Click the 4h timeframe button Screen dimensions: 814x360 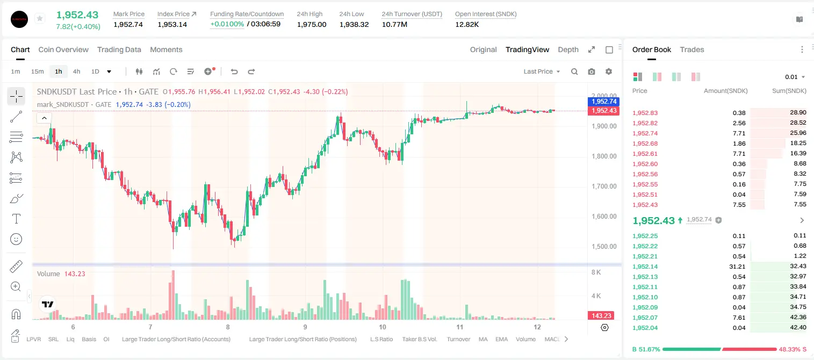(76, 71)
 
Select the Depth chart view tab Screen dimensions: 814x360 (568, 50)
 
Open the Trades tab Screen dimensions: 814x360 (692, 50)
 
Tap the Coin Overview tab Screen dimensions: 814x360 (63, 50)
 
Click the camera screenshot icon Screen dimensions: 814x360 (592, 71)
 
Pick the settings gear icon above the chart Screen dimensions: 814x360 (609, 71)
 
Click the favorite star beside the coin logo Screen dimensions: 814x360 (40, 18)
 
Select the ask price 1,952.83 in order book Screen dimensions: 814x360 (645, 113)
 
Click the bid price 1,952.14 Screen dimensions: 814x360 (645, 267)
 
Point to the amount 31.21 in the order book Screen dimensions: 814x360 (737, 267)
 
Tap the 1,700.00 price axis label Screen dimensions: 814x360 (604, 186)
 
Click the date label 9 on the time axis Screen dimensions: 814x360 (305, 327)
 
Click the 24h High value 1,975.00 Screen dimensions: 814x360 (312, 24)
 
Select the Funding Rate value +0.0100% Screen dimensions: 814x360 (227, 24)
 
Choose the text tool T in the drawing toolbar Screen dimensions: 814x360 (16, 219)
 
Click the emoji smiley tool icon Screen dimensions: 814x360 (16, 239)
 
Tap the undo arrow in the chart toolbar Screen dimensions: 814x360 (234, 71)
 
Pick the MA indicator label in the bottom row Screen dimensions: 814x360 (483, 339)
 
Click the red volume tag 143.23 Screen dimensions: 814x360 (601, 316)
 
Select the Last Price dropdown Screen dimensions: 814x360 (542, 71)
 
